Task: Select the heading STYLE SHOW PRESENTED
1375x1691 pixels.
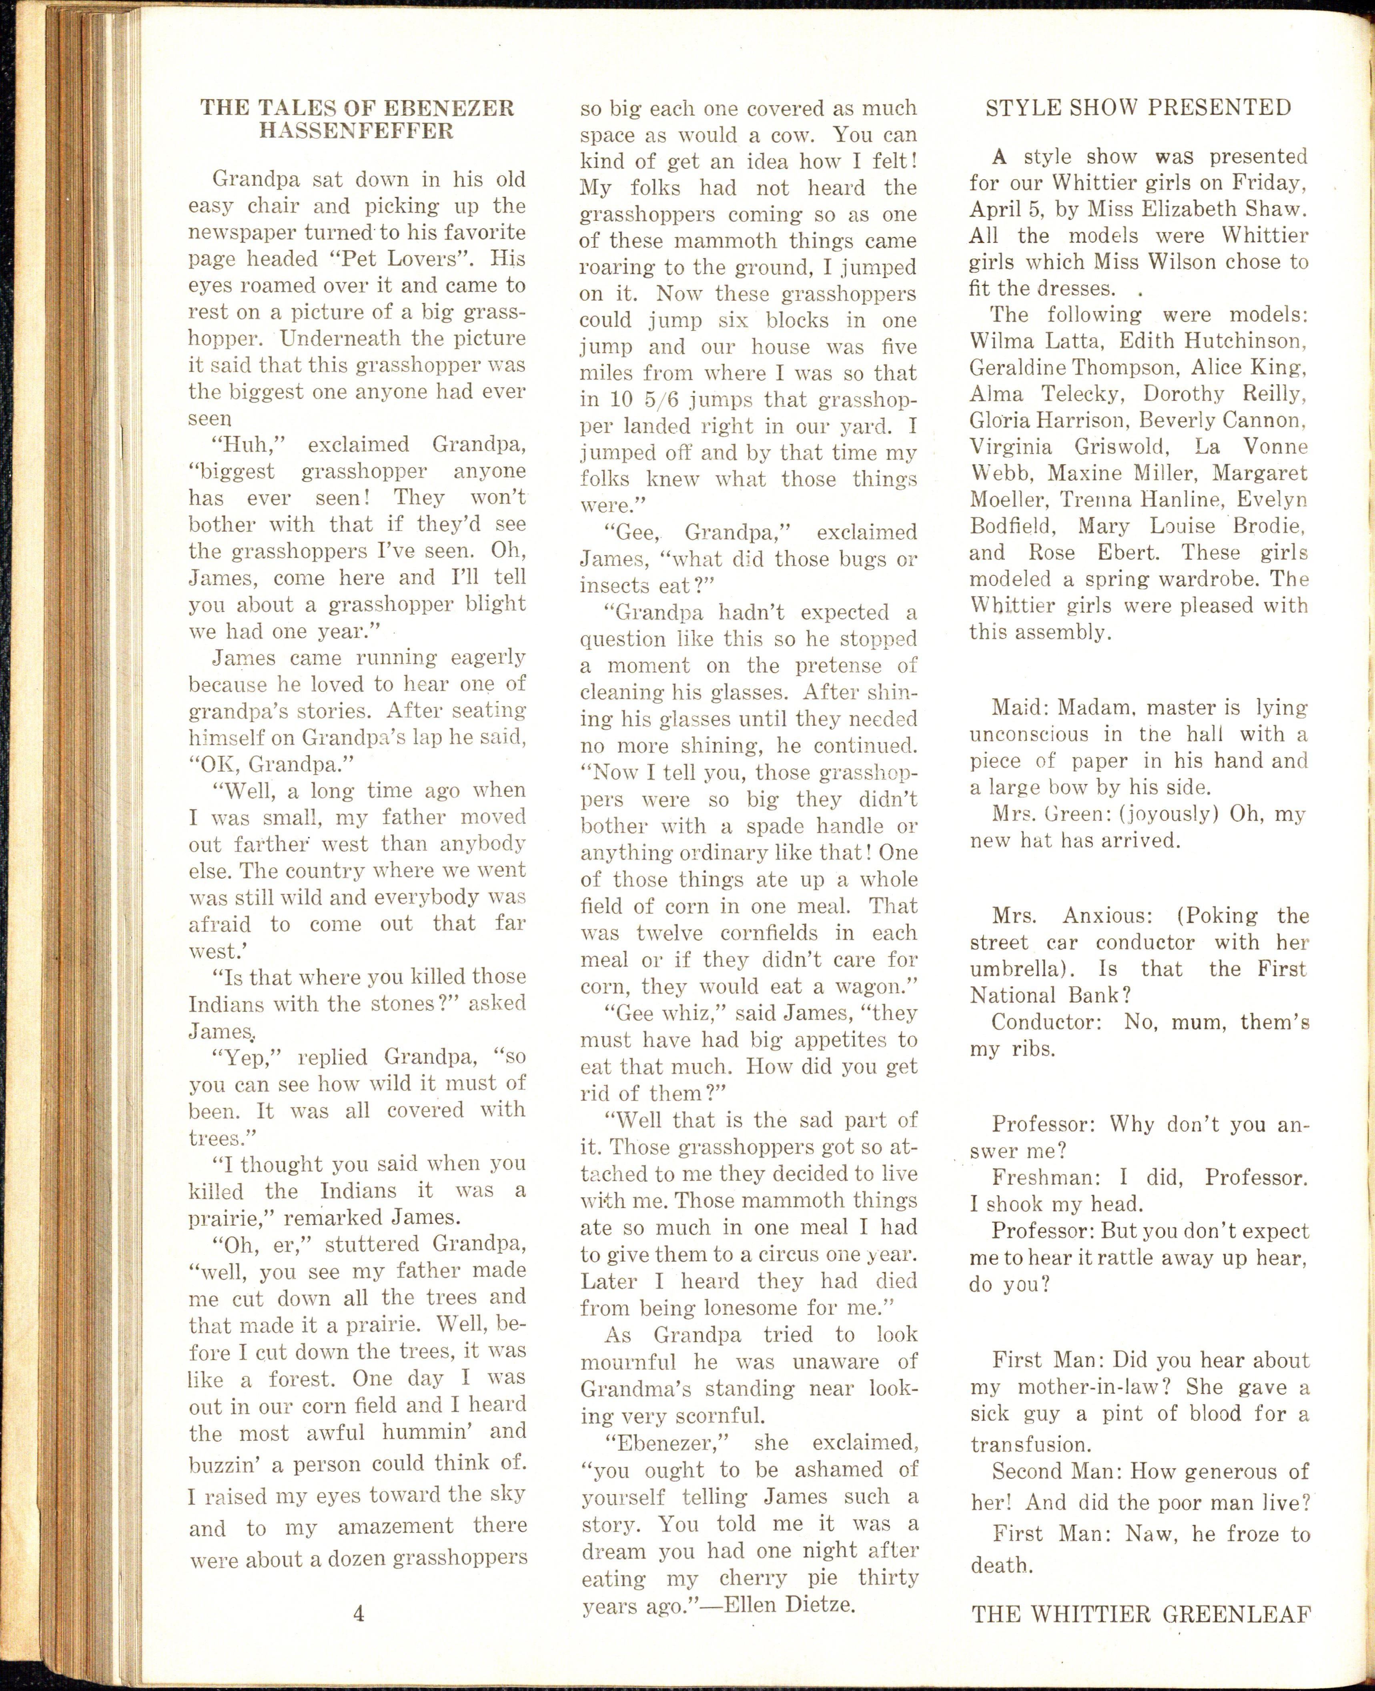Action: [1138, 108]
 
